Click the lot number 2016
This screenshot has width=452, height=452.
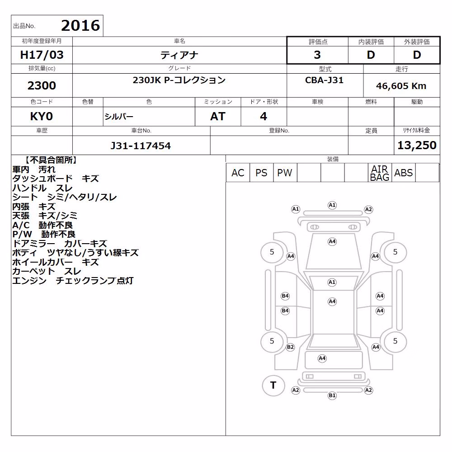(x=80, y=25)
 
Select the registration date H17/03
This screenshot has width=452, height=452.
(x=42, y=55)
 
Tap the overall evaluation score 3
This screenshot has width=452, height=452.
(x=317, y=55)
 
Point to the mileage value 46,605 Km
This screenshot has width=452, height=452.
(x=401, y=86)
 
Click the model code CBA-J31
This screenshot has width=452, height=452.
(x=324, y=80)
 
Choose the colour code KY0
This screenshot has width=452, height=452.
(x=42, y=117)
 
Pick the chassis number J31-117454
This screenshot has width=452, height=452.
(x=141, y=146)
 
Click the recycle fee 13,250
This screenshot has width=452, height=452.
(x=417, y=145)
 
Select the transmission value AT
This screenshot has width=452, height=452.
(x=218, y=117)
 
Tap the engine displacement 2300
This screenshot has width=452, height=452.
(x=42, y=85)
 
